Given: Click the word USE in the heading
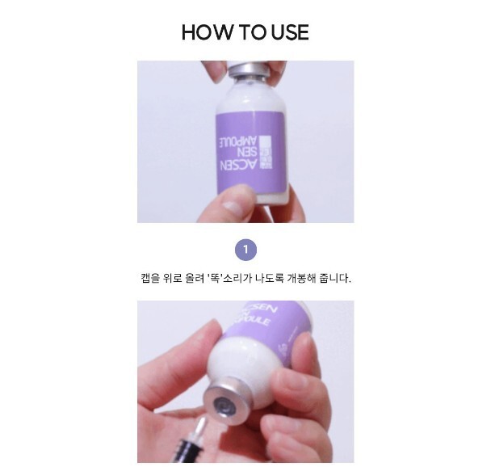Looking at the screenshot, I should click(287, 32).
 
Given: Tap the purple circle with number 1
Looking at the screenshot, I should click(245, 248).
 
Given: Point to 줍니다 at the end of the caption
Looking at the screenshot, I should click(341, 278).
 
